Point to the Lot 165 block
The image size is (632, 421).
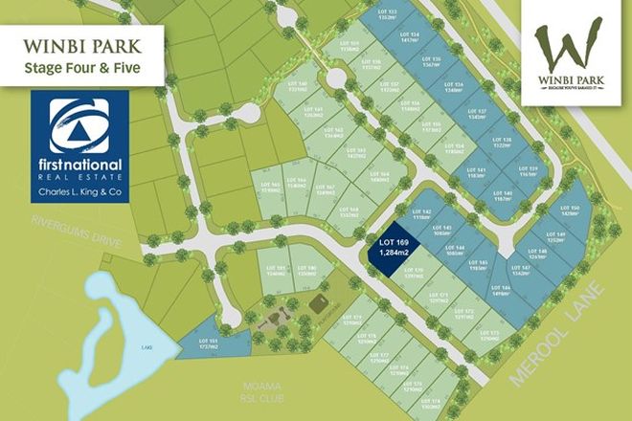269,188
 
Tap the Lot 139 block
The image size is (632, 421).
533,172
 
